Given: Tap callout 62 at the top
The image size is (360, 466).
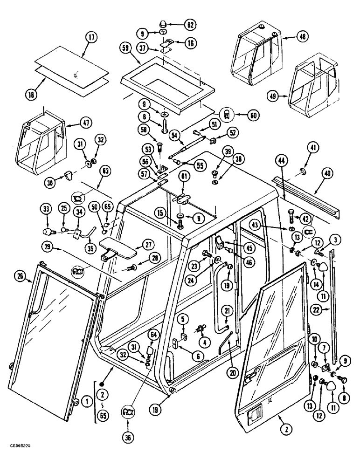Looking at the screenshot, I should pyautogui.click(x=190, y=24).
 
